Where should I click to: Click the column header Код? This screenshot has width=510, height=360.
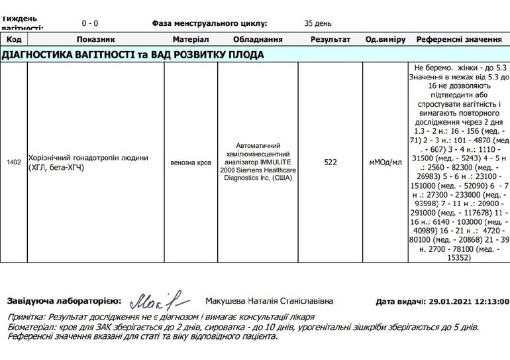point(13,40)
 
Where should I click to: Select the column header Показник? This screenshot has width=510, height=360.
point(95,40)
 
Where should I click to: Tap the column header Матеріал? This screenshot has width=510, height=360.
point(190,40)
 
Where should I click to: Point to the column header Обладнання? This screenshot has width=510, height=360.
point(258,40)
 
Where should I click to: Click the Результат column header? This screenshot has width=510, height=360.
point(331,40)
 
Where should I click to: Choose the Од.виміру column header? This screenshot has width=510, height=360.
point(385,40)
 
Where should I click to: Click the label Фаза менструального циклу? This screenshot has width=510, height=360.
point(209,23)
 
